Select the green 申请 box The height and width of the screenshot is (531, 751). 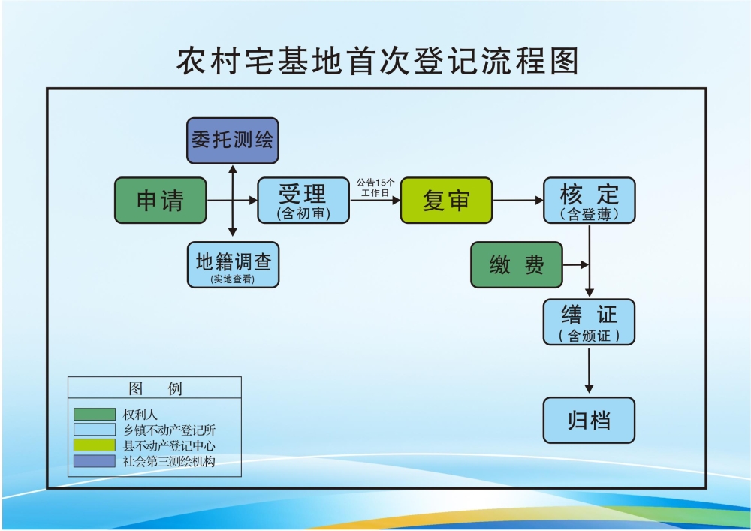click(160, 201)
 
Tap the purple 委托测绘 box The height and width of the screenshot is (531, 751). click(232, 140)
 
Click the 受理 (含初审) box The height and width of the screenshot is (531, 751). click(303, 201)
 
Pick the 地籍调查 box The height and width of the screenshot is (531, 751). click(233, 265)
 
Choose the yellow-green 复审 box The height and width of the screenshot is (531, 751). click(446, 201)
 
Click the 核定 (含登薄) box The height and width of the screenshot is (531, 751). click(589, 201)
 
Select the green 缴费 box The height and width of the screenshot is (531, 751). click(516, 265)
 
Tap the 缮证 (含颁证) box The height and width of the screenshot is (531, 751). click(589, 322)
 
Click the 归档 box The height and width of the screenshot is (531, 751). click(589, 420)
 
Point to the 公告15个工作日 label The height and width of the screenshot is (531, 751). click(375, 187)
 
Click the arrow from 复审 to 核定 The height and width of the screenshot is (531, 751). click(517, 201)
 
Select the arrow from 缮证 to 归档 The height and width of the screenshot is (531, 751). click(589, 370)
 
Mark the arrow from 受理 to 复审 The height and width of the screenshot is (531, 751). click(375, 201)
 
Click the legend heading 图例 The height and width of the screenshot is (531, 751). click(155, 388)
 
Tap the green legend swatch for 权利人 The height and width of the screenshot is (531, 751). click(94, 414)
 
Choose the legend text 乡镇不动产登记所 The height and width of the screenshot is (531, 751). click(170, 430)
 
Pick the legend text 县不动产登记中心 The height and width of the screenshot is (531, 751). click(170, 445)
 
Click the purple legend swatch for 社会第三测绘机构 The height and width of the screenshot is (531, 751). click(94, 461)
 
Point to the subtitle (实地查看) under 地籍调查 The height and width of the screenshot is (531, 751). click(233, 279)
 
